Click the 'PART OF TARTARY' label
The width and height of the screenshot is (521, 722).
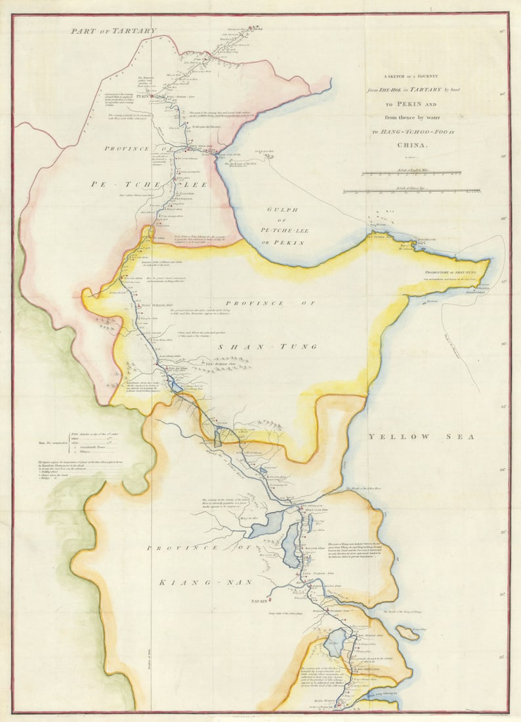point(114,31)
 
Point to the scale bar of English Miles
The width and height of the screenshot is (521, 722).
point(411,173)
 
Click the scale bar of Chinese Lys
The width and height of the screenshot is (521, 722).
point(411,191)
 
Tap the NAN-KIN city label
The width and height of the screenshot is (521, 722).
point(260,600)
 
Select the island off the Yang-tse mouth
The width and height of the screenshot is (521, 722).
point(407,633)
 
